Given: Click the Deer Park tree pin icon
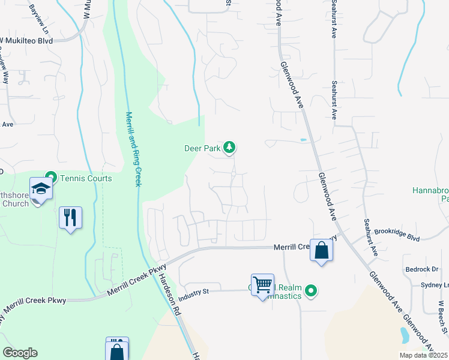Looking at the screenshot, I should [229, 146].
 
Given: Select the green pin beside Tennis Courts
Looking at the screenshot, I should [51, 178].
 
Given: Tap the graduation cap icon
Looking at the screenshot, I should [41, 189].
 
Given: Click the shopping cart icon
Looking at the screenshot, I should [262, 284].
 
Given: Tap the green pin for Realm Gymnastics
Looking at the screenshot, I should [310, 292].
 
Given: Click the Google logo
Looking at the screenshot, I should [20, 353].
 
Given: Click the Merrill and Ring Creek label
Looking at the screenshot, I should [133, 149].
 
